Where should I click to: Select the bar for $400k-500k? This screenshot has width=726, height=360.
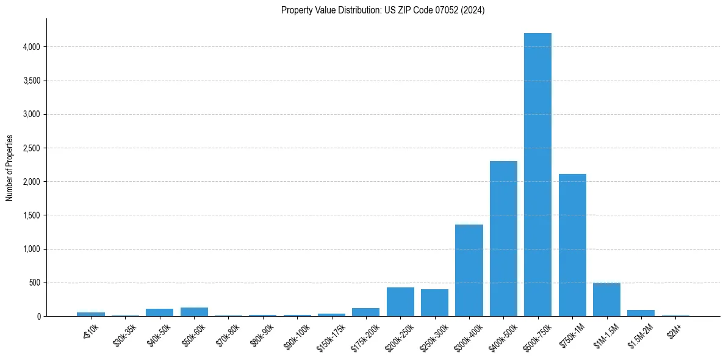pyautogui.click(x=503, y=239)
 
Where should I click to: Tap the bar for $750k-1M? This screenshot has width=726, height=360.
pyautogui.click(x=572, y=245)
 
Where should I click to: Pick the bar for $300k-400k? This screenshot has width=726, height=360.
pyautogui.click(x=469, y=270)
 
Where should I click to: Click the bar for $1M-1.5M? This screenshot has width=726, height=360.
pyautogui.click(x=606, y=300)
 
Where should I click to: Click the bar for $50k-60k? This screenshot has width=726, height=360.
pyautogui.click(x=194, y=312)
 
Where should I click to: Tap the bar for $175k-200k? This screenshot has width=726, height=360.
pyautogui.click(x=365, y=312)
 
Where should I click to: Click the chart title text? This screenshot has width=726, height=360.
pyautogui.click(x=383, y=10)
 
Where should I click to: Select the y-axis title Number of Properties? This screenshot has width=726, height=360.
pyautogui.click(x=10, y=168)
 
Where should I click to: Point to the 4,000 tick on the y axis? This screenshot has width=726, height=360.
pyautogui.click(x=31, y=47)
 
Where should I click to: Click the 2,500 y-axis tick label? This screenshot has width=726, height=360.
pyautogui.click(x=31, y=148)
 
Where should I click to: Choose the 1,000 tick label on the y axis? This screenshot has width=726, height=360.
pyautogui.click(x=31, y=249)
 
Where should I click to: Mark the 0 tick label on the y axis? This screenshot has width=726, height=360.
pyautogui.click(x=38, y=317)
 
